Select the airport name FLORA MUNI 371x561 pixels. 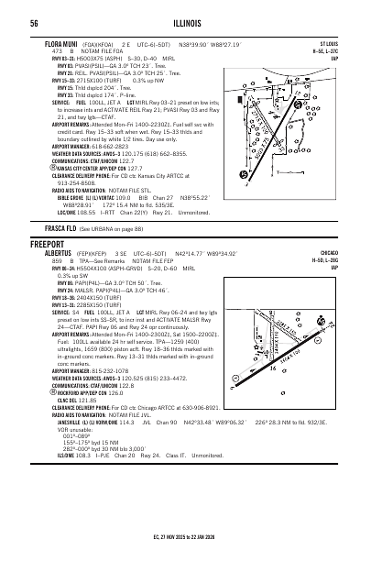pos(49,43)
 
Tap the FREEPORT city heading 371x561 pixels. pos(47,245)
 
